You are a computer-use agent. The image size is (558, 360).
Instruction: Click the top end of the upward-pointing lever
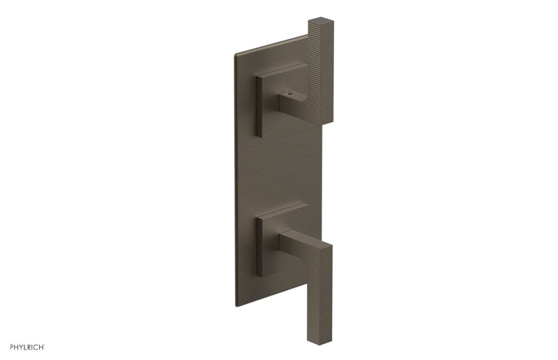321,20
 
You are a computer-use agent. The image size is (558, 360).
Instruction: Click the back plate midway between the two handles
279,167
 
